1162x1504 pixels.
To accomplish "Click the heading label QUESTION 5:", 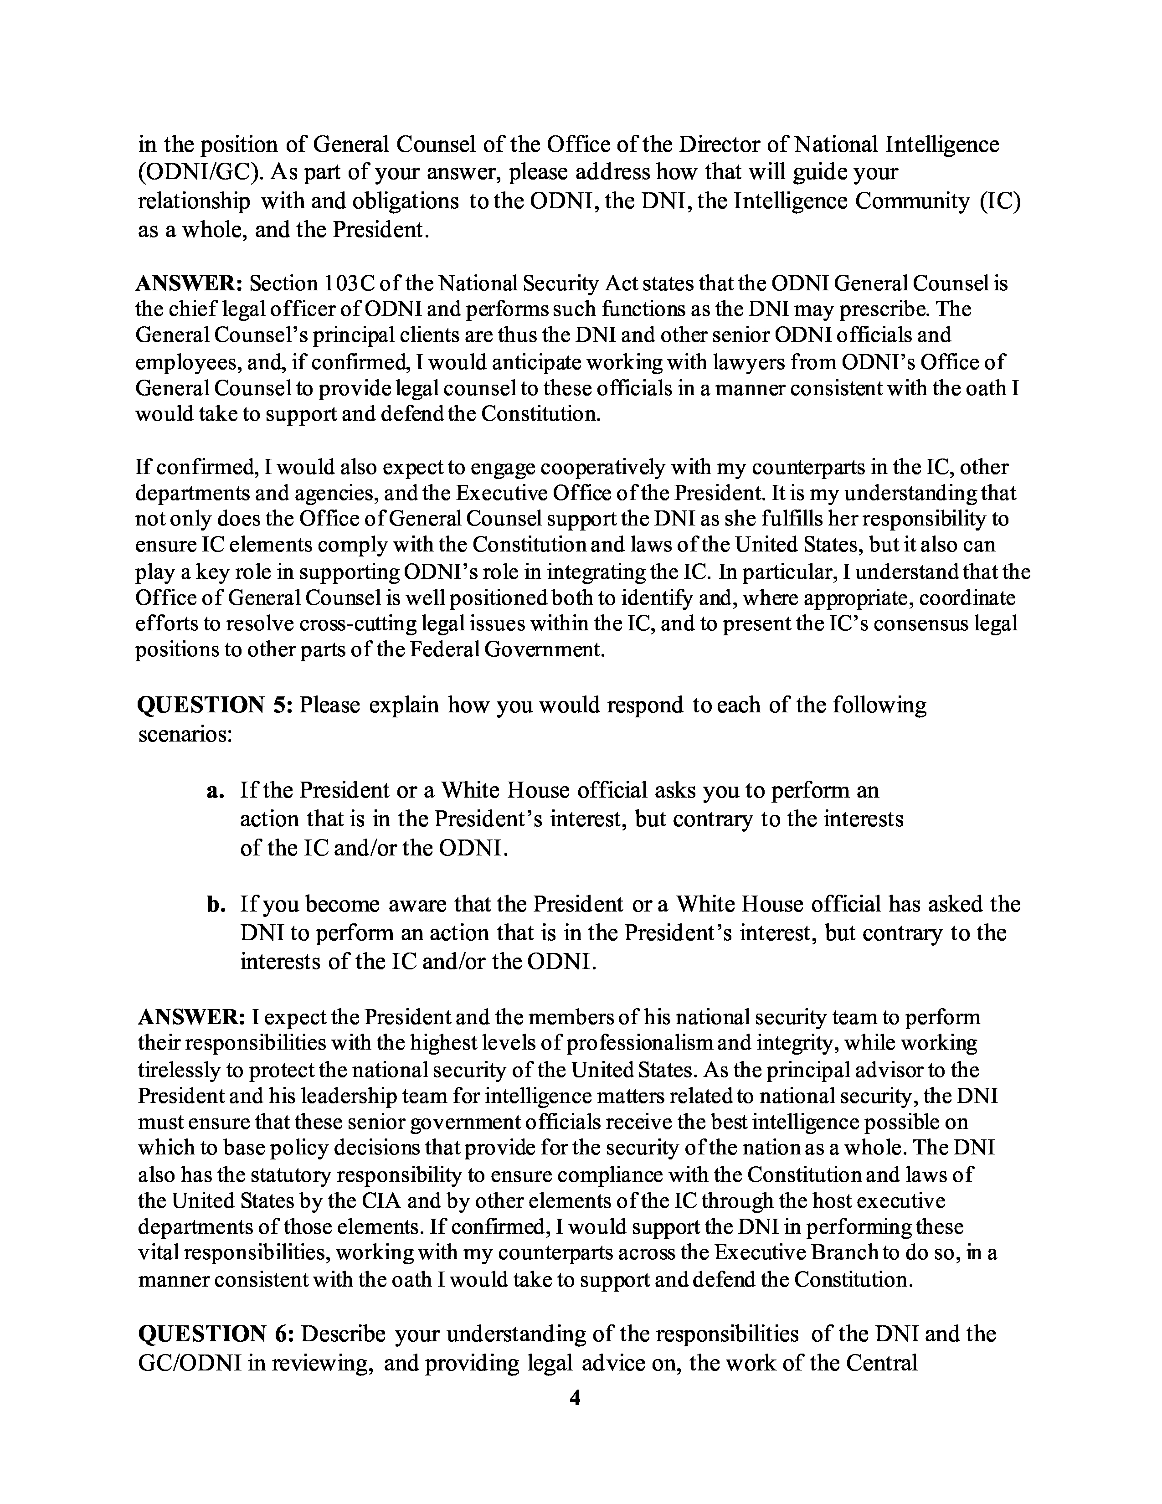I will click(x=216, y=705).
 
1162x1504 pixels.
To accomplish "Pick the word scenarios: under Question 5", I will click(x=185, y=734).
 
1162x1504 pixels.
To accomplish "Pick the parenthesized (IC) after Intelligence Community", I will click(x=998, y=201).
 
